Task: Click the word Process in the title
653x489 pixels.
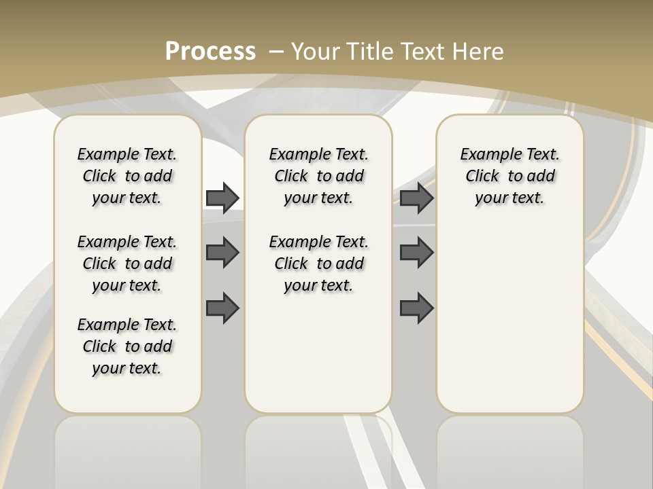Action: (210, 51)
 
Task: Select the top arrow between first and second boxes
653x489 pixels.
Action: (222, 198)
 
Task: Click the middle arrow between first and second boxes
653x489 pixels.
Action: (222, 253)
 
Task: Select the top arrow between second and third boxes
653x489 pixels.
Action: (416, 198)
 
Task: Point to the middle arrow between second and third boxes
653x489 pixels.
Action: (416, 253)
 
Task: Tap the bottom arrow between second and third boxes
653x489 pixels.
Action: (416, 308)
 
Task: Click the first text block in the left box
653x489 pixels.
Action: (127, 176)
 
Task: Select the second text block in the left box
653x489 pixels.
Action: (127, 264)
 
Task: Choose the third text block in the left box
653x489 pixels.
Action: (127, 346)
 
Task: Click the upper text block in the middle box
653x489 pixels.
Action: (318, 176)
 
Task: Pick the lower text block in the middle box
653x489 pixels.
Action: (318, 264)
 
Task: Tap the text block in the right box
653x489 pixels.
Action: (509, 176)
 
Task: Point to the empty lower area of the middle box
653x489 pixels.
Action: (318, 353)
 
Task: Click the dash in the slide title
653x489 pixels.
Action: (277, 51)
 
